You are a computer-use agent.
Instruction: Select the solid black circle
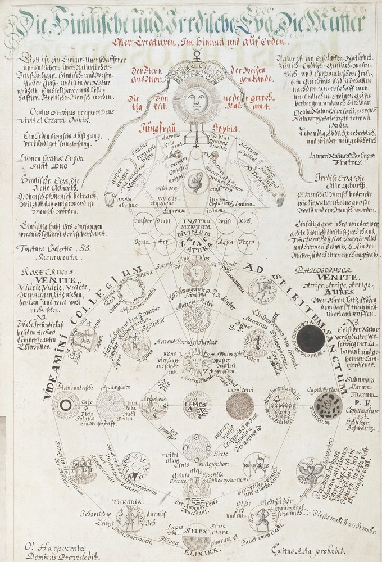point(311,340)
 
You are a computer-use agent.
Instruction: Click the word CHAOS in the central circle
point(194,404)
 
